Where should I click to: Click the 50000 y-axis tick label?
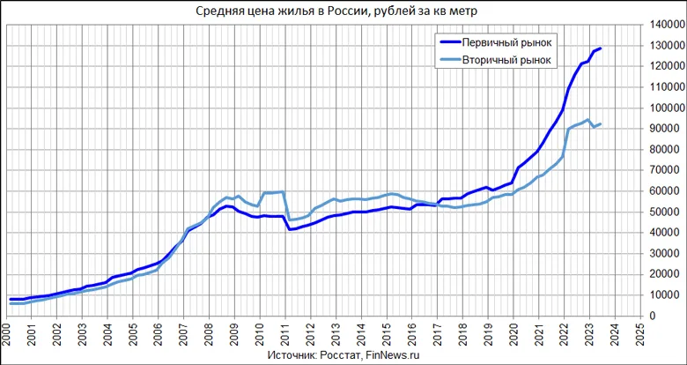point(667,212)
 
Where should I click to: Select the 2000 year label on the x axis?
point(6,335)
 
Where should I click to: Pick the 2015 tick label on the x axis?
point(388,335)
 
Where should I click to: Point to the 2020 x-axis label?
point(515,335)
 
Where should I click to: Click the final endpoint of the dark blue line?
point(601,48)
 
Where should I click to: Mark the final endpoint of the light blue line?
point(601,124)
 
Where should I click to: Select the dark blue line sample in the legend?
point(455,42)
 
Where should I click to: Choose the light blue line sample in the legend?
point(455,60)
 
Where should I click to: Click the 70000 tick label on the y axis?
point(667,170)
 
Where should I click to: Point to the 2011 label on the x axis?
point(286,335)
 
